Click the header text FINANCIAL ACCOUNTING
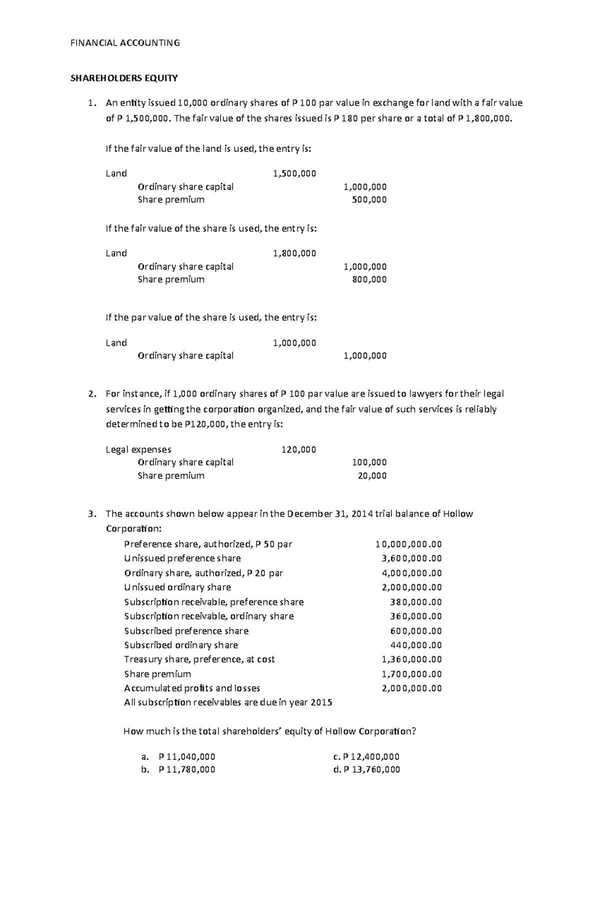tap(124, 43)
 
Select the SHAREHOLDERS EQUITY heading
tap(123, 78)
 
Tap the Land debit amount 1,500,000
tap(294, 174)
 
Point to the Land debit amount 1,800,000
tap(294, 253)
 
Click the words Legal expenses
tap(138, 449)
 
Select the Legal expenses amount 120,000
tap(298, 449)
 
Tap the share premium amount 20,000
tap(372, 476)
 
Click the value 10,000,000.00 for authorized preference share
tap(408, 544)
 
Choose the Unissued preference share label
tap(182, 558)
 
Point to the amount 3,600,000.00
tap(411, 558)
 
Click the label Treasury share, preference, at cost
tap(199, 659)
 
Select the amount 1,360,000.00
tap(411, 659)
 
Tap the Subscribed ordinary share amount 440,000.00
tap(415, 645)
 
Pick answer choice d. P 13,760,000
tap(366, 769)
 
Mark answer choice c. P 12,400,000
tap(366, 757)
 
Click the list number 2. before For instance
tap(90, 394)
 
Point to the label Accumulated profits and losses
tap(192, 688)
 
